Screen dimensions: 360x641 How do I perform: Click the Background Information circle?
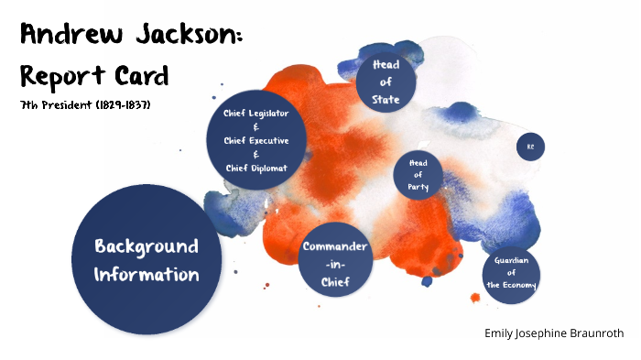pyautogui.click(x=147, y=260)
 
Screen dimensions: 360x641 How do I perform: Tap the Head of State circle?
pyautogui.click(x=386, y=82)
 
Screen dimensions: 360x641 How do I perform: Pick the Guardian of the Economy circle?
pyautogui.click(x=511, y=273)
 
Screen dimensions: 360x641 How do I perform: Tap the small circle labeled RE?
pyautogui.click(x=530, y=147)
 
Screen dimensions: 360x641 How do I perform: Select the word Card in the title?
pyautogui.click(x=143, y=74)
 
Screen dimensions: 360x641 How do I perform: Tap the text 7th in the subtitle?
pyautogui.click(x=29, y=105)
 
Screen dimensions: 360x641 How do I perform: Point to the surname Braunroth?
pyautogui.click(x=596, y=333)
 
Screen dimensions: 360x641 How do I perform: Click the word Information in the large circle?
pyautogui.click(x=147, y=274)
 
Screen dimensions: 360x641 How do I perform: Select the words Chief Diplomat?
pyautogui.click(x=256, y=168)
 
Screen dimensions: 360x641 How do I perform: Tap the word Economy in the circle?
pyautogui.click(x=512, y=285)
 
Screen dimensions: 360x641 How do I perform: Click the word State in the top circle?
pyautogui.click(x=386, y=99)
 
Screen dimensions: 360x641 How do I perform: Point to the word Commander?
pyautogui.click(x=335, y=247)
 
